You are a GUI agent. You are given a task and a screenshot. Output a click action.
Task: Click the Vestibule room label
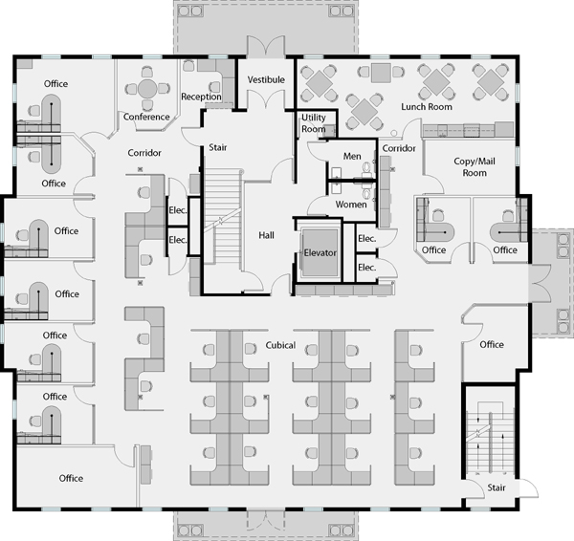[x=266, y=79]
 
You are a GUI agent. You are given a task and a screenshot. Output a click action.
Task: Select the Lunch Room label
[x=427, y=107]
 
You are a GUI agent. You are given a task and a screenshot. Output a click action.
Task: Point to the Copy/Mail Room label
[x=475, y=167]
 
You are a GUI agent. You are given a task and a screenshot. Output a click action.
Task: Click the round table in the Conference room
[x=147, y=89]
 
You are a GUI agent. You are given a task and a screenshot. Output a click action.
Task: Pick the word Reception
[x=201, y=97]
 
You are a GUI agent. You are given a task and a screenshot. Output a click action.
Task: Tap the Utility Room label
[x=314, y=123]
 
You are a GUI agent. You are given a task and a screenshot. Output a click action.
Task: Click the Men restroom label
[x=352, y=156]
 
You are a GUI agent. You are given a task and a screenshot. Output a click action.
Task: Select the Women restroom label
[x=351, y=205]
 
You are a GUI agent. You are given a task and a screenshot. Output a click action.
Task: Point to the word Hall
[x=266, y=235]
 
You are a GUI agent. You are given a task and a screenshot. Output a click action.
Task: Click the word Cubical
[x=280, y=345]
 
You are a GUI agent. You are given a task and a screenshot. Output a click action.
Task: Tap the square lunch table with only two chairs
[x=381, y=73]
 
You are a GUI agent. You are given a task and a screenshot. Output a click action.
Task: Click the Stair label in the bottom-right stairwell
[x=497, y=487]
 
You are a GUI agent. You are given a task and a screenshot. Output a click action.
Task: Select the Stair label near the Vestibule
[x=218, y=147]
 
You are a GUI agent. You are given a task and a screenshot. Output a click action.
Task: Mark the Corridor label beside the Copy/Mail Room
[x=399, y=148]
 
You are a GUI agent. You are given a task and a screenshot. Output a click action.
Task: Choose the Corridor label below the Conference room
[x=144, y=153]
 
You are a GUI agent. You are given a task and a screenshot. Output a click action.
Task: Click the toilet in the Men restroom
[x=367, y=167]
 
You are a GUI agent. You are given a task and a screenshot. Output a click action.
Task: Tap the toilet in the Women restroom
[x=367, y=193]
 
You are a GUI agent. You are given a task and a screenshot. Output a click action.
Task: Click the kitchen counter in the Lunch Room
[x=468, y=130]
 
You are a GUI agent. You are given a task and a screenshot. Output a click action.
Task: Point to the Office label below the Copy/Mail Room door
[x=433, y=250]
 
